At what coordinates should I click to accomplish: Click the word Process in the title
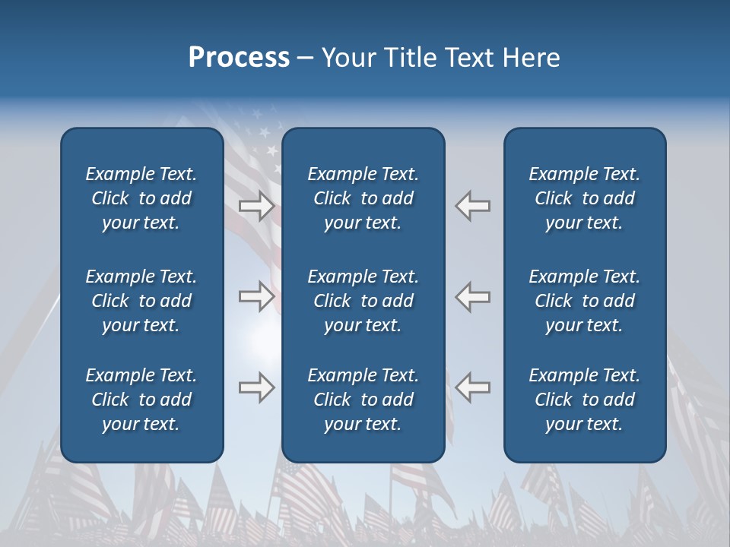(x=239, y=58)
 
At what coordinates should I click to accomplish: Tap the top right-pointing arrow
(x=256, y=206)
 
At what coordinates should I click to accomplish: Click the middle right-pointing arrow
(x=256, y=296)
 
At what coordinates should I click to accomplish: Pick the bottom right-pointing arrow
(x=256, y=387)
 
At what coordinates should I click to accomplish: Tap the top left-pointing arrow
(x=473, y=206)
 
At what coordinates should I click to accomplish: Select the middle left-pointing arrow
(x=473, y=296)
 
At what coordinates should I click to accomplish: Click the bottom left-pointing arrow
(x=473, y=387)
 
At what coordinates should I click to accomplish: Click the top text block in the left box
(x=141, y=198)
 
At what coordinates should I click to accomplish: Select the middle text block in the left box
(x=141, y=301)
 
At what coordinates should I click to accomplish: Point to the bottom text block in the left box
(x=141, y=400)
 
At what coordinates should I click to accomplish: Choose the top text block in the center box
(x=363, y=198)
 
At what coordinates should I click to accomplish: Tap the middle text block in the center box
(x=363, y=301)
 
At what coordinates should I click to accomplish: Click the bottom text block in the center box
(x=363, y=400)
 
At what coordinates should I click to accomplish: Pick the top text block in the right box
(x=584, y=198)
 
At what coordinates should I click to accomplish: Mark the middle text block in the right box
(x=584, y=301)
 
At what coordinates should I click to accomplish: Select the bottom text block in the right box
(x=584, y=400)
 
